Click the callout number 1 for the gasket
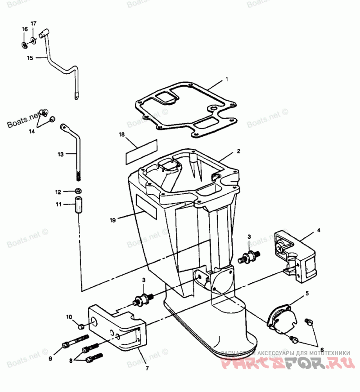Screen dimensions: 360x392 point(227,79)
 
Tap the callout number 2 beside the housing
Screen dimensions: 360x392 point(239,151)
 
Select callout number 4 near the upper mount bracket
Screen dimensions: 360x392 point(319,230)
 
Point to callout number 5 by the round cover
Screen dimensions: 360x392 point(307,293)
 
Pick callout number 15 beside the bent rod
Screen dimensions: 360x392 point(30,58)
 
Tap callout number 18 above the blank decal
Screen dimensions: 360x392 point(121,134)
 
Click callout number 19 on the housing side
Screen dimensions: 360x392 point(112,220)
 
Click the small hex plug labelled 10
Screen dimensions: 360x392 point(82,325)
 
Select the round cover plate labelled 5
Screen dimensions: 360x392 point(281,318)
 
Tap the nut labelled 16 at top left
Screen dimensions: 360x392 point(24,45)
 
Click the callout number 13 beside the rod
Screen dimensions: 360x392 point(61,154)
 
